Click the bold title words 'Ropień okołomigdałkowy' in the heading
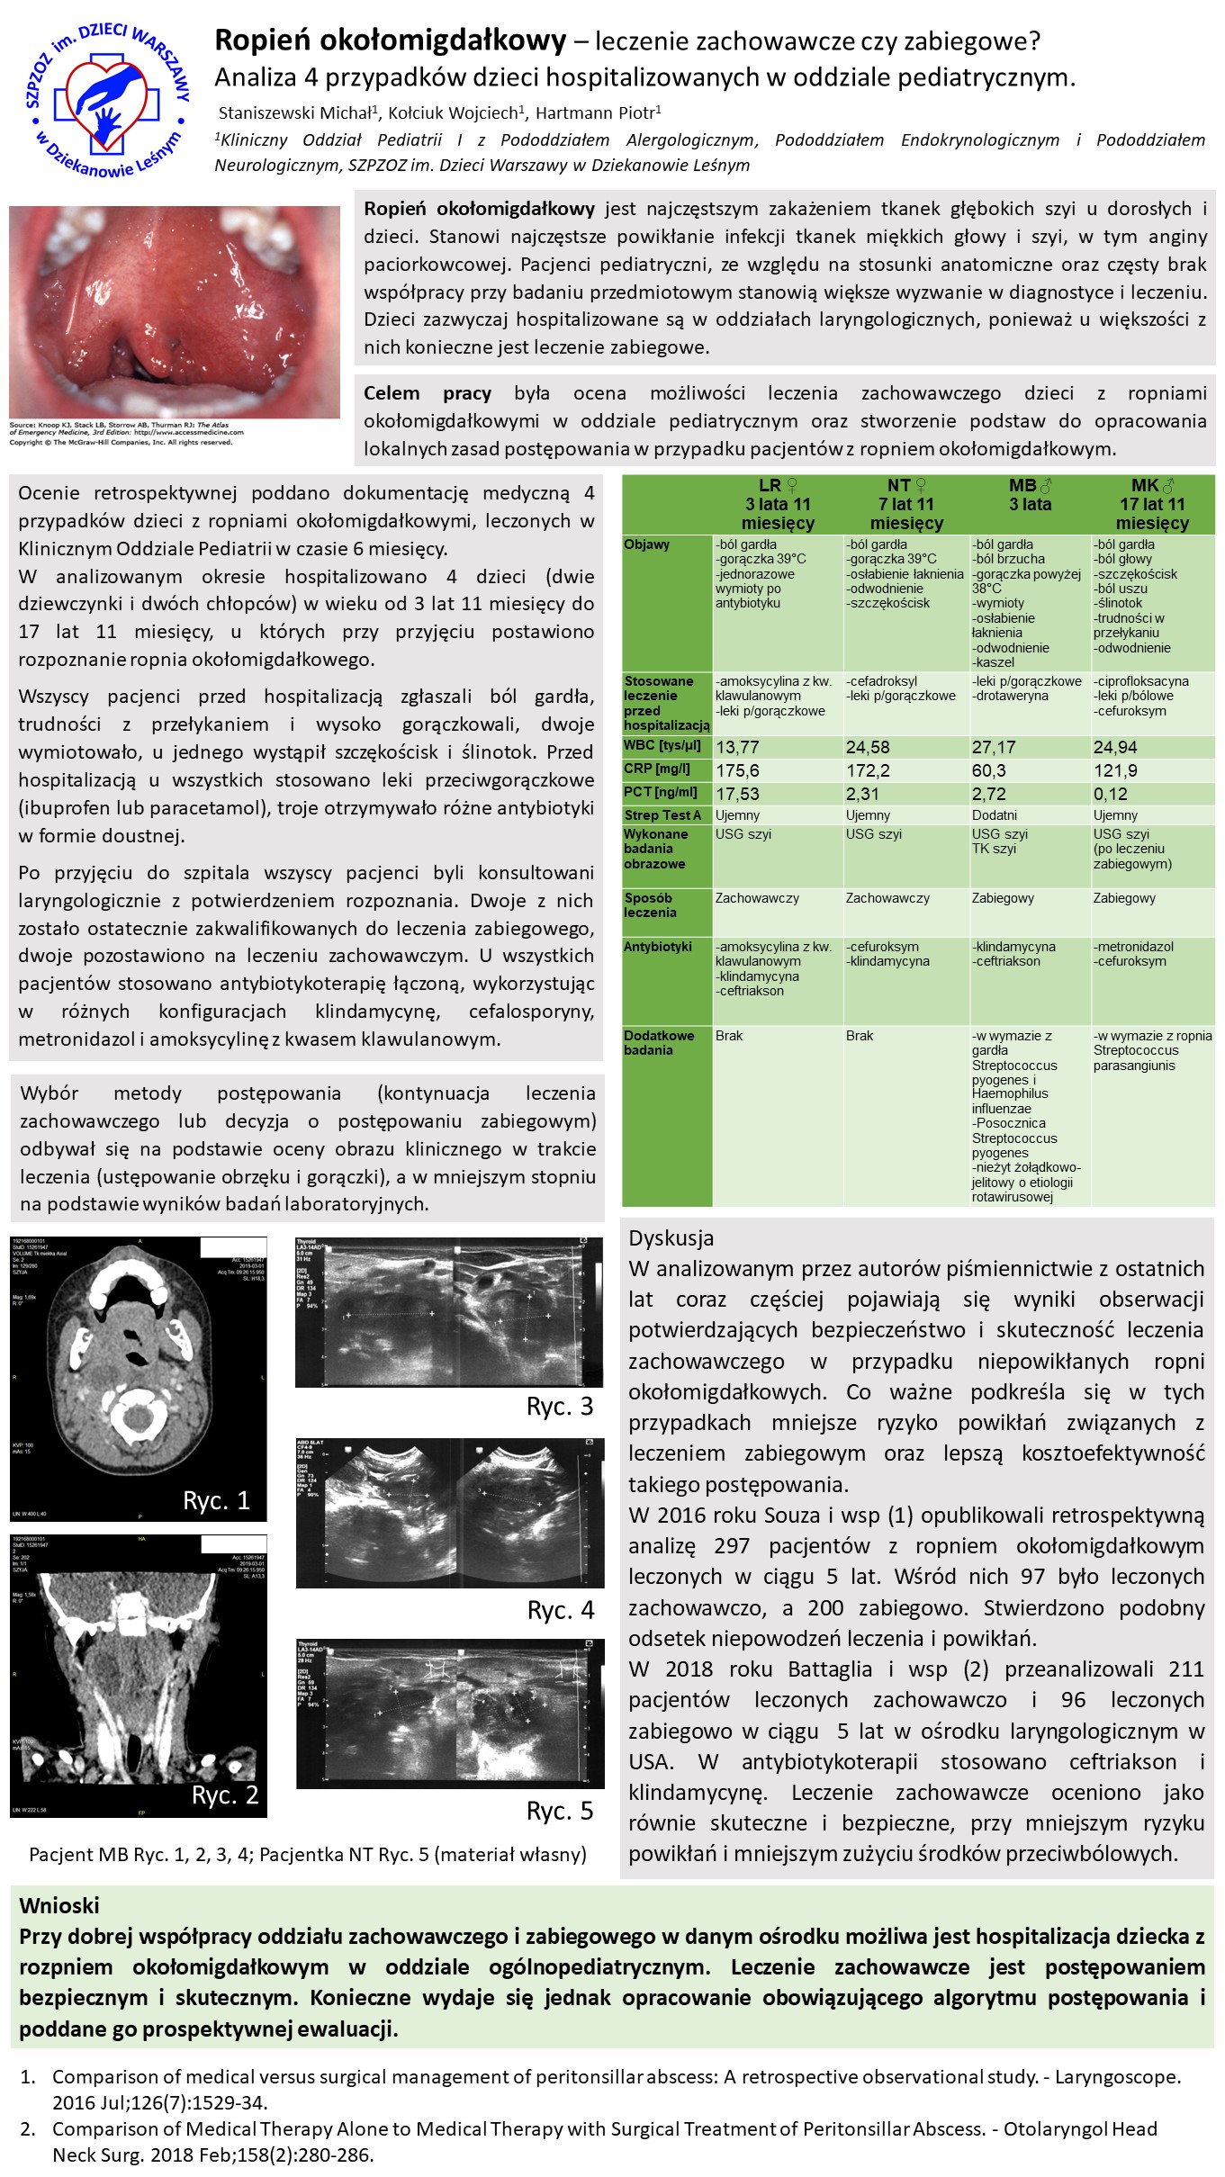pos(390,40)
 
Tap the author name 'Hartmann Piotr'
pos(597,113)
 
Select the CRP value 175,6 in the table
pos(737,770)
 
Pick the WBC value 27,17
pos(993,747)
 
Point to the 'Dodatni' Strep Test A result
pos(995,815)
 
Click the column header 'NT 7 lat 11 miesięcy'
pos(906,504)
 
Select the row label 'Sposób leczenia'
pos(649,904)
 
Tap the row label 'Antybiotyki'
pos(658,947)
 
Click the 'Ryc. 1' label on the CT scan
pos(216,1500)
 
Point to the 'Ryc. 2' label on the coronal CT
pos(225,1795)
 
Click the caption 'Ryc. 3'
pos(560,1407)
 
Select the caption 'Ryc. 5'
pos(560,1811)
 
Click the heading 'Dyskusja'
pos(671,1238)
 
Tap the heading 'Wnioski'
pos(59,1905)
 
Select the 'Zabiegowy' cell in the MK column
pos(1124,898)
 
